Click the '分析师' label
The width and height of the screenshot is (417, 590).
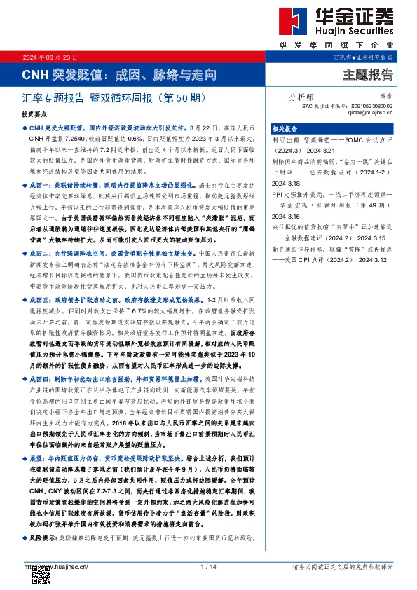coord(301,98)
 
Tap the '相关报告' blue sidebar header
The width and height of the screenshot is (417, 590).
coord(285,129)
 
